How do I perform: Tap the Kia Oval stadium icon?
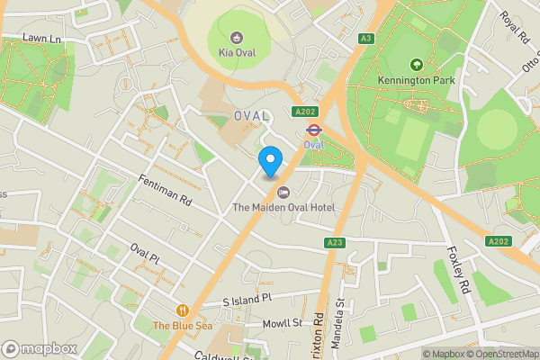click(237, 37)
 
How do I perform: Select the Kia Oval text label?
click(237, 52)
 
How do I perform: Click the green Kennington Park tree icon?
click(416, 65)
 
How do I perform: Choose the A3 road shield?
click(365, 38)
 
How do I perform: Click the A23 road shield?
click(336, 244)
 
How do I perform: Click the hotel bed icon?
click(283, 192)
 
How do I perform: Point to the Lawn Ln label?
click(41, 39)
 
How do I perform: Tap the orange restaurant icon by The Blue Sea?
click(184, 310)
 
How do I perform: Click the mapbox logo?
click(40, 348)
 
